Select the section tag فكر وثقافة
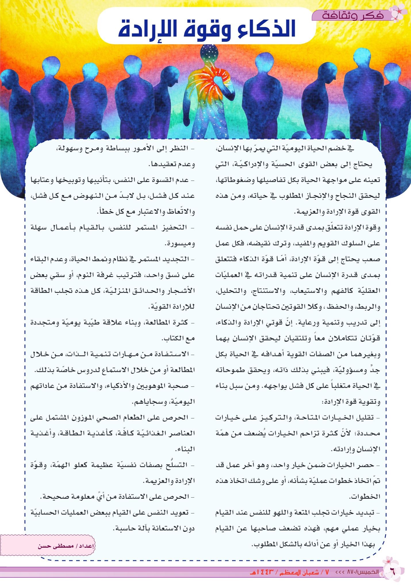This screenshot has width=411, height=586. [x=353, y=16]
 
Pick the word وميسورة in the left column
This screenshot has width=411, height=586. [x=181, y=244]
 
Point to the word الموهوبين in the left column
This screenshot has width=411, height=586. [x=155, y=386]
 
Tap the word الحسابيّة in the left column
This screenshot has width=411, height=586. [x=44, y=513]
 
